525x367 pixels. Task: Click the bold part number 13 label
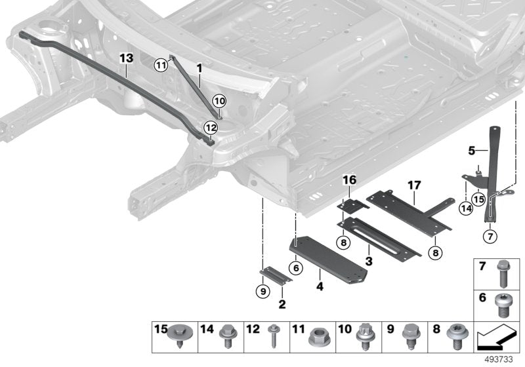[x=127, y=58]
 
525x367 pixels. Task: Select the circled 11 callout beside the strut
[x=161, y=64]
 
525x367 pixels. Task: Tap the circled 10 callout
[x=219, y=100]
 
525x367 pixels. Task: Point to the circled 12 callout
[x=210, y=127]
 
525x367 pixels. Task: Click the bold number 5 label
[x=471, y=150]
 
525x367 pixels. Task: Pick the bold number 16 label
[x=348, y=180]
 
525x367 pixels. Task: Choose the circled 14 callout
[x=465, y=208]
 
